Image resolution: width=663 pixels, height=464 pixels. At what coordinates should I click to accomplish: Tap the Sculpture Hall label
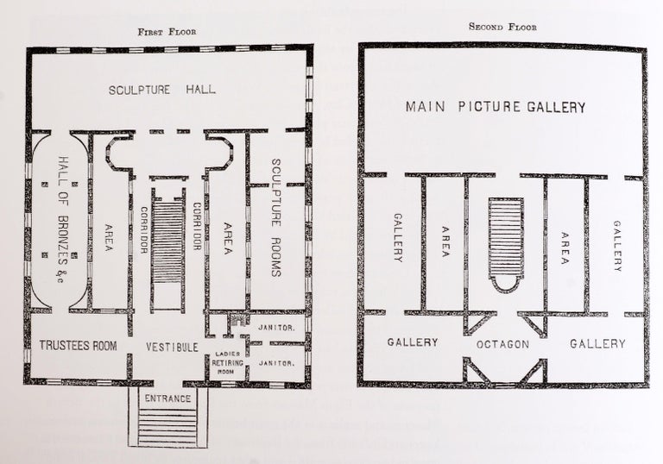coord(163,91)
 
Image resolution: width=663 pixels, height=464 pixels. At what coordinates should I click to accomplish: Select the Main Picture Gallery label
coord(496,108)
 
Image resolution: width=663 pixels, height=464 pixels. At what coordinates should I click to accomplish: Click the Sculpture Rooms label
coord(277,217)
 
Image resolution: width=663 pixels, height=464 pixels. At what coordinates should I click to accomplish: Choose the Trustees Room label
coord(78,346)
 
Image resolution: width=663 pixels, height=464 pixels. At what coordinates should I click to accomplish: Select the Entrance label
coord(168,398)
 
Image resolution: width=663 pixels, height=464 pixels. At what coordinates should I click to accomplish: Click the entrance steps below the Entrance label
coord(168,427)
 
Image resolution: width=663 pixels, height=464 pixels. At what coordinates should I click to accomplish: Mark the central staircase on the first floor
coord(168,246)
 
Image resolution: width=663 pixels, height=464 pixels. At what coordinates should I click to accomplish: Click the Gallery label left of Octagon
coord(413,342)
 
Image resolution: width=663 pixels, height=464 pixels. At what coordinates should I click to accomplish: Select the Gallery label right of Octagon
coord(597,343)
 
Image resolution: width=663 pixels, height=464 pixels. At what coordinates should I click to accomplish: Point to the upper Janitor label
coord(277,328)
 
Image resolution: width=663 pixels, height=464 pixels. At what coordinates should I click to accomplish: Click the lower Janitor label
coord(277,363)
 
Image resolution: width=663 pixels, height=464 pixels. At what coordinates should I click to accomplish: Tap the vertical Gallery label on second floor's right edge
coord(617,246)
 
